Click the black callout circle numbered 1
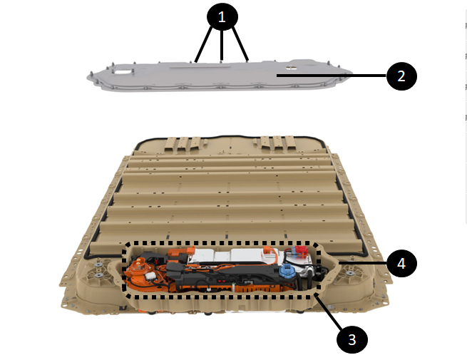(x=222, y=16)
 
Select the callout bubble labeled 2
(x=401, y=76)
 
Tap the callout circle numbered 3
(x=352, y=339)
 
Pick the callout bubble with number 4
(x=401, y=263)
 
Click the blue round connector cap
(x=286, y=270)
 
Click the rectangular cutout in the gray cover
(x=123, y=71)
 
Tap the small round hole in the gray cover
(x=291, y=68)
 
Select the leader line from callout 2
(x=332, y=76)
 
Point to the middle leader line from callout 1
(x=221, y=44)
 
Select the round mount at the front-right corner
(x=350, y=273)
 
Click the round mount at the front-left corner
(x=98, y=269)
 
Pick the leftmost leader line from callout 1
(x=203, y=44)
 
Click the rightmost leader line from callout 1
(x=240, y=43)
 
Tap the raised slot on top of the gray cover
(x=200, y=66)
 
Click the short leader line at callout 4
(x=363, y=263)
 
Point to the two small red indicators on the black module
(x=221, y=280)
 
